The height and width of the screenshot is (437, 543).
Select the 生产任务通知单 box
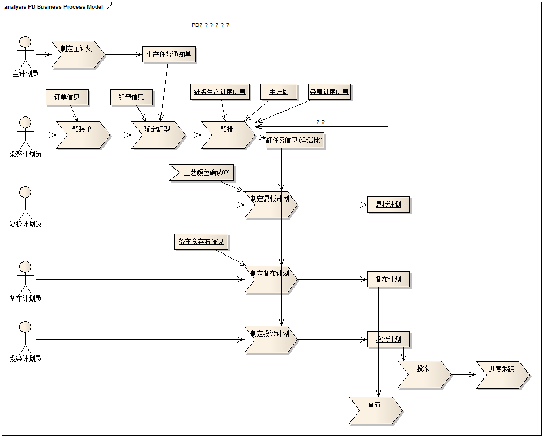tap(168, 54)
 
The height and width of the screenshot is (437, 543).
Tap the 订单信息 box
tap(67, 97)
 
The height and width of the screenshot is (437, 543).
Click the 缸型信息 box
tap(131, 97)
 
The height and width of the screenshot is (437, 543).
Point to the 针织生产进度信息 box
tap(219, 92)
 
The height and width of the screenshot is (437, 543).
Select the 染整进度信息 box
tap(329, 92)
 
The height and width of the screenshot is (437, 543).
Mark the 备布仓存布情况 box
tap(201, 242)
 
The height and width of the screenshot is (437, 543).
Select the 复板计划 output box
tap(388, 205)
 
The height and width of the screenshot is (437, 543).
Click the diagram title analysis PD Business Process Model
tap(54, 7)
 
